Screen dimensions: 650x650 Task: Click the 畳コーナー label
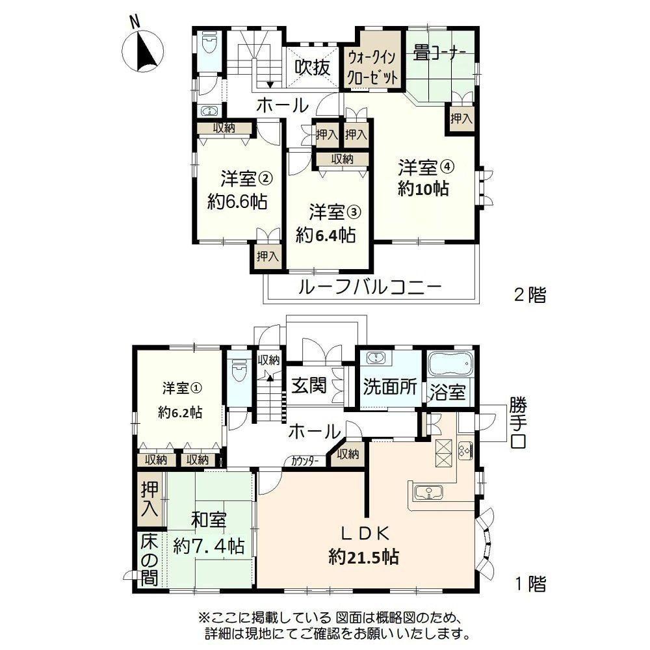[x=439, y=53]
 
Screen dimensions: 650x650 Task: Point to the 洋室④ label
[x=426, y=167]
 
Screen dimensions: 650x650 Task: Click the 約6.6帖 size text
[x=237, y=202]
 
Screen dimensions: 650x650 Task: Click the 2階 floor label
[x=530, y=295]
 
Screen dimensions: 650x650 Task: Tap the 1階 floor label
[x=530, y=584]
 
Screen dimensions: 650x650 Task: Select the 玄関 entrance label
[x=309, y=385]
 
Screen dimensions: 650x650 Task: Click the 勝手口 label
[x=518, y=422]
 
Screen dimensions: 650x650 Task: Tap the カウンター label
[x=305, y=461]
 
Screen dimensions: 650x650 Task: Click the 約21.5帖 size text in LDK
[x=364, y=557]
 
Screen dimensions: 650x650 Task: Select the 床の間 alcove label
[x=149, y=560]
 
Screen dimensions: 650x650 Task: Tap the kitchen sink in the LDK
[x=428, y=493]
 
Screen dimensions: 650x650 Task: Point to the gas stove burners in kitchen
[x=465, y=450]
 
